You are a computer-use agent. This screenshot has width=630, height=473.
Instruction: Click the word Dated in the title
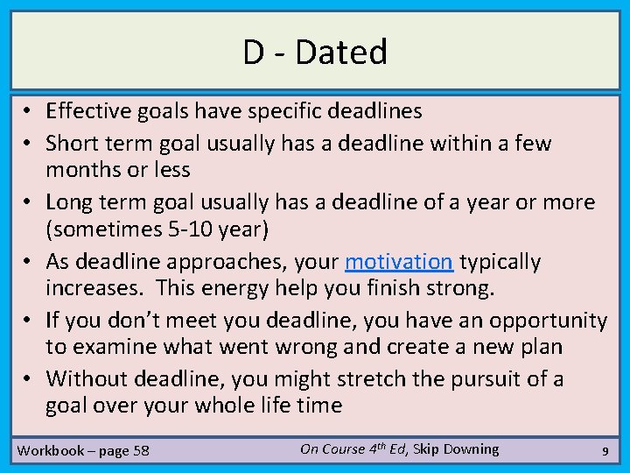coord(341,53)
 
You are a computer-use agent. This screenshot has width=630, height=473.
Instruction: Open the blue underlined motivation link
coord(398,262)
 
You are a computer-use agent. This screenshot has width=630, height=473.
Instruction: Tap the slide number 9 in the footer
coord(605,451)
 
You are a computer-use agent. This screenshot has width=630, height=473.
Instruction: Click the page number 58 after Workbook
coord(140,451)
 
